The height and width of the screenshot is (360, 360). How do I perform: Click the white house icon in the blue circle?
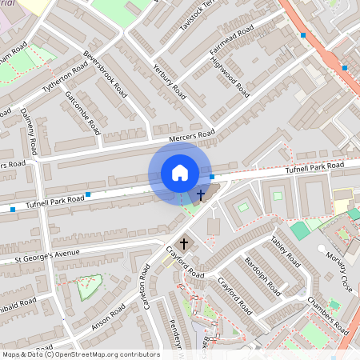coord(180,173)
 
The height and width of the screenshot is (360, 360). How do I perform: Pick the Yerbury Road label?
coord(170,82)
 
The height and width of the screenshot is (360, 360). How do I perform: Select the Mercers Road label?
coord(186,134)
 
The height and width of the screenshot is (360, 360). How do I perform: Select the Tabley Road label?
coord(286,251)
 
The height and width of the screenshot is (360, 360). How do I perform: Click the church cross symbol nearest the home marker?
coord(200,194)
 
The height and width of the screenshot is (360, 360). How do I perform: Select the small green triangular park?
coord(89,285)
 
